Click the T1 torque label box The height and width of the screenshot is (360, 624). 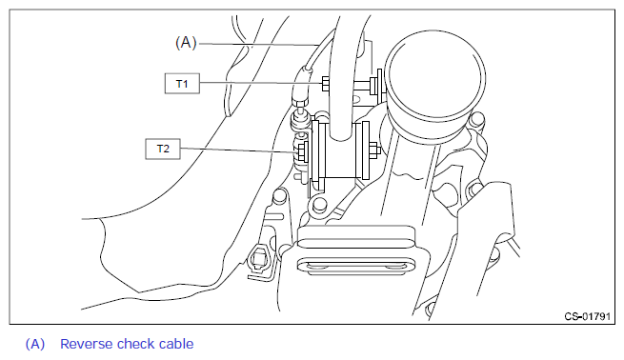182,84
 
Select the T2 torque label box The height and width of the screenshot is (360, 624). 163,149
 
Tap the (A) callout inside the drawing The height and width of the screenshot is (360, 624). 186,42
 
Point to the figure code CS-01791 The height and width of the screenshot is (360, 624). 587,316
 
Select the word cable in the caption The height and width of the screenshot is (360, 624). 176,344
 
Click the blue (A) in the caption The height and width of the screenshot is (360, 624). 35,344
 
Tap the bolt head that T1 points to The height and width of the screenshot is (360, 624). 324,83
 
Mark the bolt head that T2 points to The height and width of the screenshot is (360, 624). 301,151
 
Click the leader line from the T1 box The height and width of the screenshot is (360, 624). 260,83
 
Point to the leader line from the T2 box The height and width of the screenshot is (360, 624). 238,150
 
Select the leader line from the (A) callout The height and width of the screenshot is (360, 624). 258,44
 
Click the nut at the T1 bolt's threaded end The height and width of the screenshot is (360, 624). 374,85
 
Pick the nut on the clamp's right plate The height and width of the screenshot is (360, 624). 374,150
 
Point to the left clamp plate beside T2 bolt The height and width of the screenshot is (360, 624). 315,150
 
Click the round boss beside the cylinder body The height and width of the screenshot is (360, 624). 476,118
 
